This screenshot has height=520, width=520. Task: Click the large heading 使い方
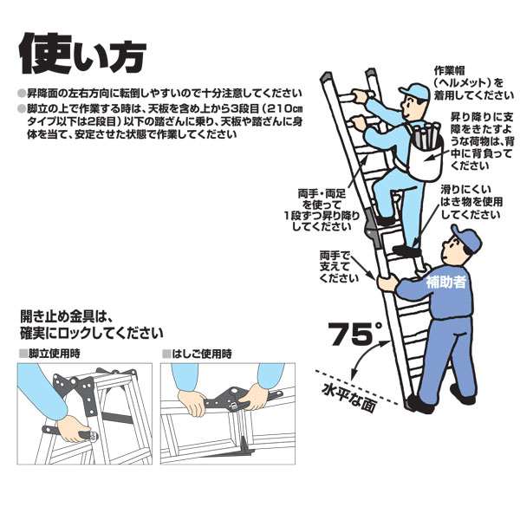click(x=83, y=55)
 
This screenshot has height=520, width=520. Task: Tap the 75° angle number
click(x=354, y=335)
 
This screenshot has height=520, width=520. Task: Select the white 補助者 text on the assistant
click(x=445, y=283)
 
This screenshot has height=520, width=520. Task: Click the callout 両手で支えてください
click(x=339, y=267)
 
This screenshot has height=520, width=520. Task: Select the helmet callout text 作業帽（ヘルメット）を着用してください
click(x=473, y=83)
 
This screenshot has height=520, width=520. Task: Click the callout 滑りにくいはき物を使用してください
click(x=471, y=202)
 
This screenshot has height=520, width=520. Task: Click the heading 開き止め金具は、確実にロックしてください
click(x=92, y=325)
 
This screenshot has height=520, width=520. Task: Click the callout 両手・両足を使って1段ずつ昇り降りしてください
click(x=322, y=210)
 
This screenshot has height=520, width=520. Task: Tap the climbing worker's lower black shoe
click(x=406, y=250)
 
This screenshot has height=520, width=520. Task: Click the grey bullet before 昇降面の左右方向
click(x=22, y=94)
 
